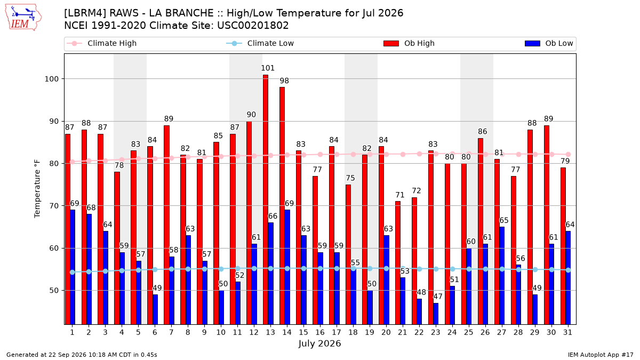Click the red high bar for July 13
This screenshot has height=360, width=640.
click(266, 199)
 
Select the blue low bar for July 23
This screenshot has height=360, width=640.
click(436, 314)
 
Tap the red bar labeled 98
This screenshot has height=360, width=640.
click(282, 206)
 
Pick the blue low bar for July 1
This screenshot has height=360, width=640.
click(73, 267)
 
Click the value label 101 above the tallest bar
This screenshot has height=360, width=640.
click(267, 68)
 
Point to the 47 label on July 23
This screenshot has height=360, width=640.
click(438, 297)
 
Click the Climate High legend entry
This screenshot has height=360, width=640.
click(102, 43)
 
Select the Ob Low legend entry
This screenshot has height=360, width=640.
click(549, 43)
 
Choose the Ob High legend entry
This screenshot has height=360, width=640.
click(409, 43)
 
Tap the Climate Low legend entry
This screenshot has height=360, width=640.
click(260, 43)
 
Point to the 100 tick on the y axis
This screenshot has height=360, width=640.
click(51, 79)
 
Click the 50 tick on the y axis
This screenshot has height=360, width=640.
click(54, 291)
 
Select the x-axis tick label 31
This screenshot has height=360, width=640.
click(567, 332)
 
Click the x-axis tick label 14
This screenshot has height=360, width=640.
click(287, 332)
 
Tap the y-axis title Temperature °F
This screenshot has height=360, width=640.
click(37, 189)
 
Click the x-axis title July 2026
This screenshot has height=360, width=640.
click(319, 343)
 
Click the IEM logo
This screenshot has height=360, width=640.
click(23, 18)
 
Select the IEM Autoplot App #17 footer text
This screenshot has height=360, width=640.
click(601, 355)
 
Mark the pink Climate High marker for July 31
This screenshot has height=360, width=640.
click(569, 154)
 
